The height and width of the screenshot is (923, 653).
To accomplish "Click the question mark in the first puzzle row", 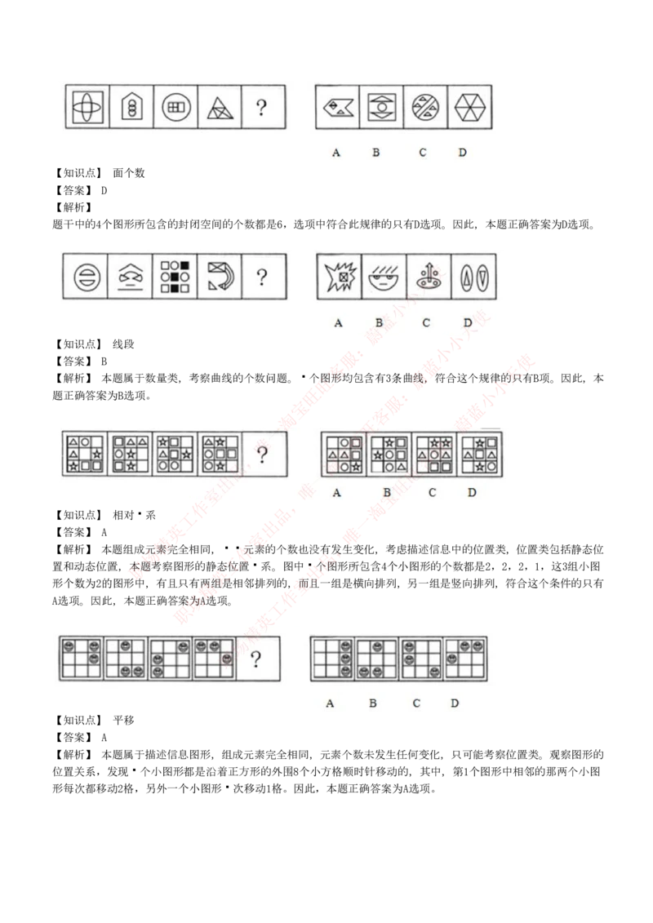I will tap(260, 108).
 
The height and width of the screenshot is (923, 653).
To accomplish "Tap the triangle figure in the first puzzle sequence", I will tap(219, 108).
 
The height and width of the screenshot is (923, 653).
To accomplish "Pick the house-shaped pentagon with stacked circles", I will tap(130, 108).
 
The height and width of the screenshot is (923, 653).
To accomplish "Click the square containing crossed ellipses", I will tap(85, 108).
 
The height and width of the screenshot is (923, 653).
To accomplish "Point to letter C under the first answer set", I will tap(422, 153).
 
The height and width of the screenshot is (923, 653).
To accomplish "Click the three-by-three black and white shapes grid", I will tap(174, 277).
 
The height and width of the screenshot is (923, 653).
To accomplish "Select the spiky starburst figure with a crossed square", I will tap(338, 277).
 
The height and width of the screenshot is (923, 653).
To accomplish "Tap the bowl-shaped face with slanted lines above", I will tap(381, 277).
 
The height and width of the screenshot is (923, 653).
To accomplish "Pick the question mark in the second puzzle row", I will tap(261, 277).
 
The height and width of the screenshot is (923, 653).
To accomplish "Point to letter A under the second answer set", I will tap(338, 322).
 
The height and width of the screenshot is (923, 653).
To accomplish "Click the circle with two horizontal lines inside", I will tap(84, 277).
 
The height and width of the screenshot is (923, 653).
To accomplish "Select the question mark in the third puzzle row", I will tap(261, 455).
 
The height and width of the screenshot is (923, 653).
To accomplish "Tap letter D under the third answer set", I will tap(472, 492).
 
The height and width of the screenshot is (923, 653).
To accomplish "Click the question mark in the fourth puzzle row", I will tap(257, 659).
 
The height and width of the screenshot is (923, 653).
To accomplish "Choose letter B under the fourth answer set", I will tap(372, 703).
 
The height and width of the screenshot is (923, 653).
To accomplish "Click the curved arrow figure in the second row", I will tap(219, 277).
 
